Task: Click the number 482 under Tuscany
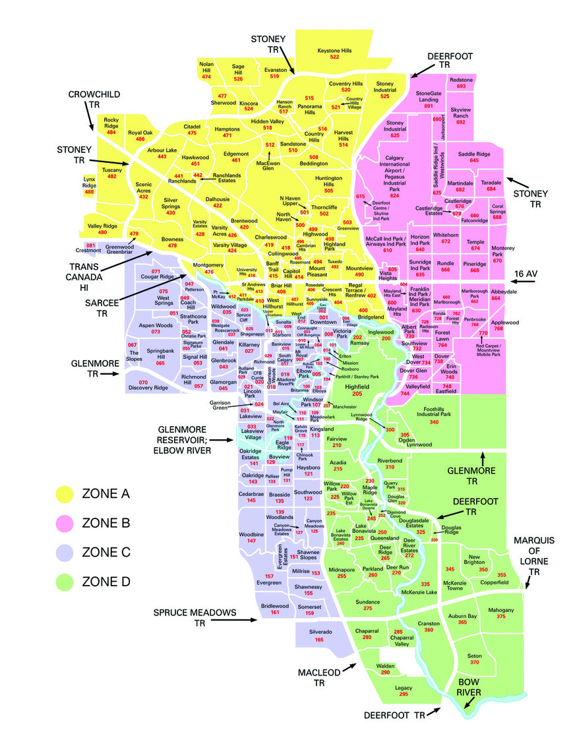click(x=112, y=176)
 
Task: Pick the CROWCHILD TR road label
click(x=94, y=100)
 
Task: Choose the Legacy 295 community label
click(x=404, y=691)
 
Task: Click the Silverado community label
click(x=319, y=635)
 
